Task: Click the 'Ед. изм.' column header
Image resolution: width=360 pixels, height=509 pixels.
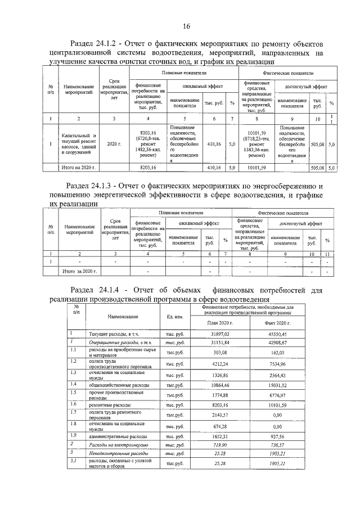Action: pos(175,317)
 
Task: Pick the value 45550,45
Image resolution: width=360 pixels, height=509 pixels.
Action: pos(276,334)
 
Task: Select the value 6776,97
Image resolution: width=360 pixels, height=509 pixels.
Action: pos(276,395)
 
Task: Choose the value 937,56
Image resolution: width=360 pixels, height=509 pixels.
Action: pos(276,436)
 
